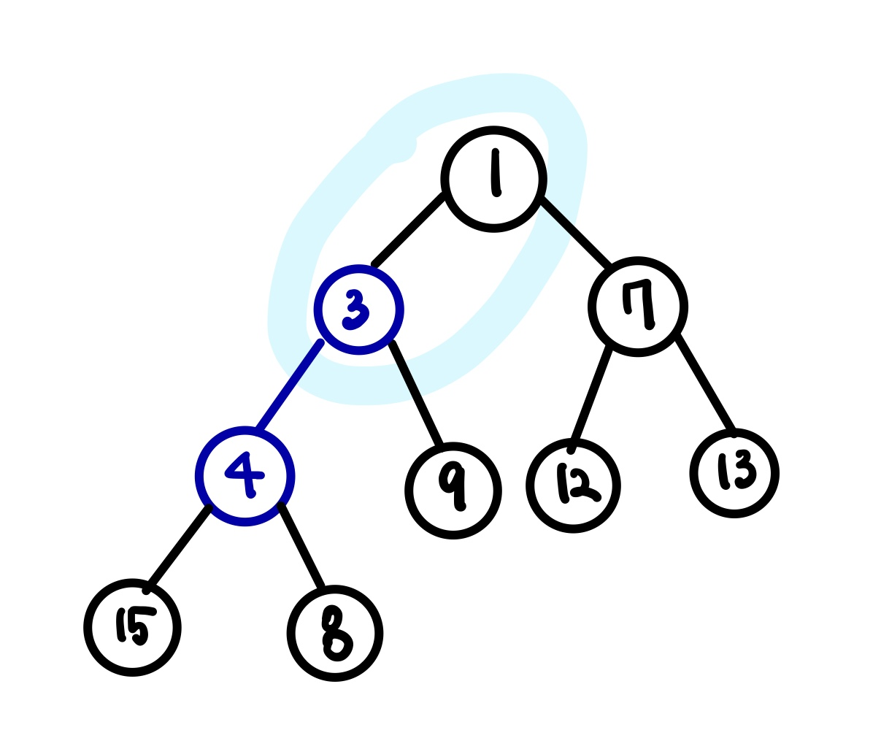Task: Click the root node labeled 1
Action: [x=494, y=179]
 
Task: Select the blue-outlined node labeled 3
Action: [x=358, y=310]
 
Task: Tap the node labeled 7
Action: [x=638, y=307]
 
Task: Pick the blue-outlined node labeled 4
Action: [x=245, y=477]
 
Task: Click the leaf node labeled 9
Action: [x=453, y=491]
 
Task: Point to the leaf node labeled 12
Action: [x=574, y=486]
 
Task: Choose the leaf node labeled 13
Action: [x=734, y=473]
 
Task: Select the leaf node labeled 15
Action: [x=132, y=628]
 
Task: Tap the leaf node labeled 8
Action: [x=334, y=634]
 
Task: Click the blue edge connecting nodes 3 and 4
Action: [x=289, y=385]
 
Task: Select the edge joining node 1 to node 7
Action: [x=576, y=232]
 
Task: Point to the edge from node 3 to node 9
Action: [x=416, y=393]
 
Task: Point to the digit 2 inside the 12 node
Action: [x=584, y=485]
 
